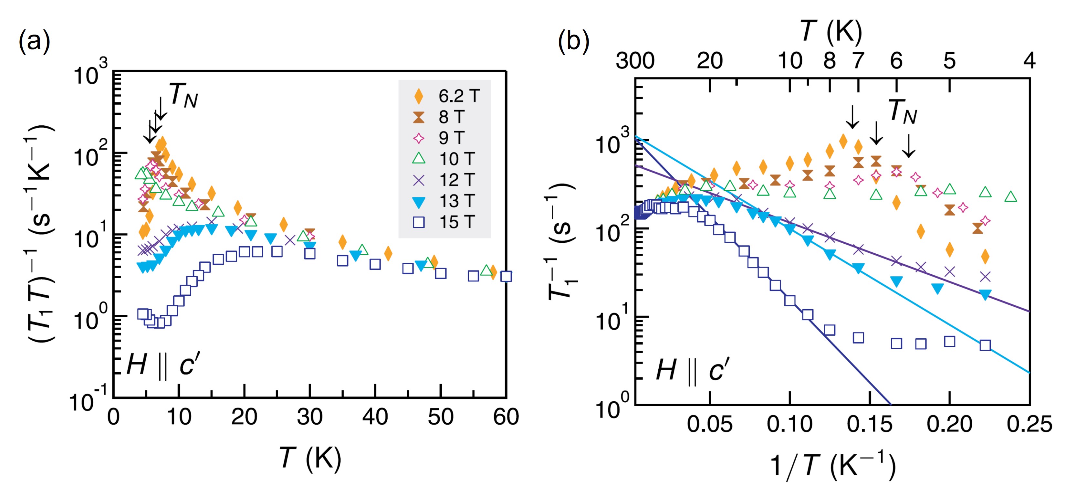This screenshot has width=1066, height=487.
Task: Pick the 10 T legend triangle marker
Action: [419, 159]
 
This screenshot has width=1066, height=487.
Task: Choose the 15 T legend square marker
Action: [419, 222]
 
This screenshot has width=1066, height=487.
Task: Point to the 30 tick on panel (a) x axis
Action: [309, 417]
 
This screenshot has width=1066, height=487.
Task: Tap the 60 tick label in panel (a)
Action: [506, 417]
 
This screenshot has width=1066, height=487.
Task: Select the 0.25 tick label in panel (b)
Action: [1029, 424]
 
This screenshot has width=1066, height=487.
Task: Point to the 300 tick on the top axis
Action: [635, 61]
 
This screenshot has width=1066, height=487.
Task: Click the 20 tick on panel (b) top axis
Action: [710, 61]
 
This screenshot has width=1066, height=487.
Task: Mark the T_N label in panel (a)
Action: [183, 95]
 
